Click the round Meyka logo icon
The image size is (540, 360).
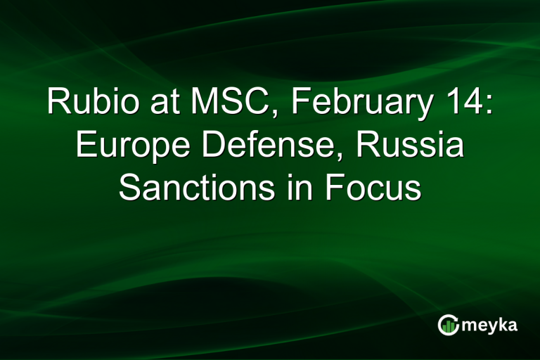(448, 325)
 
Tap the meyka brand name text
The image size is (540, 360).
(491, 326)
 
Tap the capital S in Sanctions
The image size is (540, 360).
(130, 188)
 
